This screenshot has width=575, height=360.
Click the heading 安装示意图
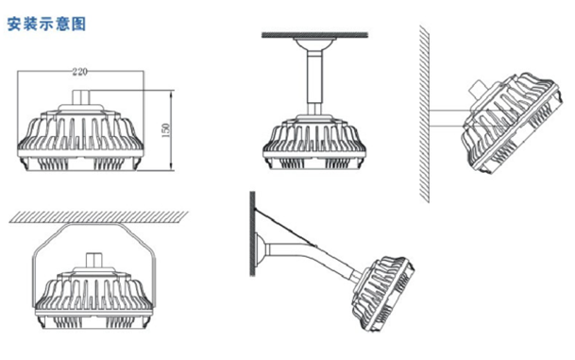point(46,24)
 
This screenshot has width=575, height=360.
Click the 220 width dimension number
point(80,72)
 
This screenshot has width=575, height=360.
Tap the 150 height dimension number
point(166,130)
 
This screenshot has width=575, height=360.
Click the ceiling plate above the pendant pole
point(314,35)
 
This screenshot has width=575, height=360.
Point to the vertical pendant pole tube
point(314,81)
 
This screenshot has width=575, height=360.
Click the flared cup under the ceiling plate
point(314,44)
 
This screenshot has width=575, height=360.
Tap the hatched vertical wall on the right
point(425,113)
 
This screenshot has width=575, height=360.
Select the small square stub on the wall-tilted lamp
point(479,89)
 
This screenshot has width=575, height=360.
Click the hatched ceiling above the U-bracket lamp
point(98,217)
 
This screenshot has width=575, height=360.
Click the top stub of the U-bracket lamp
point(94,260)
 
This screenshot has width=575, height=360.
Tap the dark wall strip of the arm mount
point(252,233)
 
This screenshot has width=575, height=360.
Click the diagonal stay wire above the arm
point(285,229)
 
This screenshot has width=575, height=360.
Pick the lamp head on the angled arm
point(383,294)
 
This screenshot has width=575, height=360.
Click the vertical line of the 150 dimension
point(171,130)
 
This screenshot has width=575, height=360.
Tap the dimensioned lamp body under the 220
point(80,138)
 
